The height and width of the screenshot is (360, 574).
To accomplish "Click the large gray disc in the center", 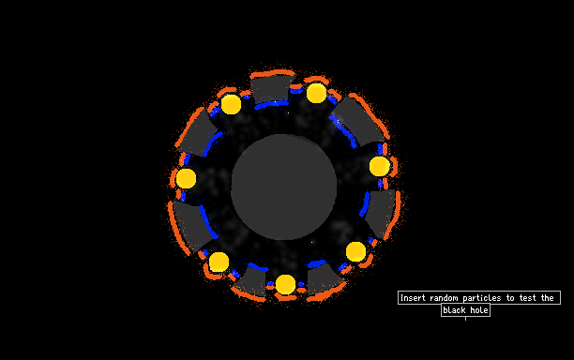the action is pyautogui.click(x=283, y=187).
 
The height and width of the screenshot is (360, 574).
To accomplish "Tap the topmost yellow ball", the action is pyautogui.click(x=317, y=93).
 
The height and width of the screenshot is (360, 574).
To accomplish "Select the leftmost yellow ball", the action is pyautogui.click(x=186, y=178).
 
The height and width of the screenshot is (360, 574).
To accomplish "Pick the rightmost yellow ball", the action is pyautogui.click(x=380, y=166).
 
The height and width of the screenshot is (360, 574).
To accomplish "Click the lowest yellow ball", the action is pyautogui.click(x=285, y=285).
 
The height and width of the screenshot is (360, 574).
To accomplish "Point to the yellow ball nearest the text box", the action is pyautogui.click(x=355, y=251).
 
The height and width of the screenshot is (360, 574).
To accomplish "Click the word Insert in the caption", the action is pyautogui.click(x=413, y=298).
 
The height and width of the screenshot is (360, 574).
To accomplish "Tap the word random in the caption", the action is pyautogui.click(x=444, y=298).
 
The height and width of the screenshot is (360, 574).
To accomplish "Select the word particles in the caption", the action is pyautogui.click(x=482, y=298).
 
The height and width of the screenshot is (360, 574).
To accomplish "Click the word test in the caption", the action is pyautogui.click(x=527, y=298).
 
